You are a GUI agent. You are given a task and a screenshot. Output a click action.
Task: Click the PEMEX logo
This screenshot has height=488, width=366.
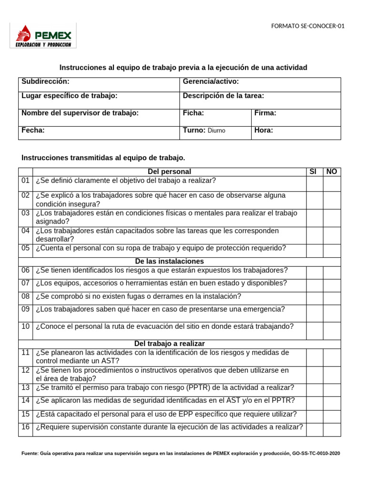point(43,36)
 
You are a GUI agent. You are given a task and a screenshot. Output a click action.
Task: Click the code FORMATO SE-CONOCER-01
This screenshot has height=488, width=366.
point(307,26)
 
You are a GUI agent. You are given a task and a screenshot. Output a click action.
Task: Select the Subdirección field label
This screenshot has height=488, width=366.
point(45,81)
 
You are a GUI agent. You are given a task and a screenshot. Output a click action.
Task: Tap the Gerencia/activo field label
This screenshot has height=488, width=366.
point(211,81)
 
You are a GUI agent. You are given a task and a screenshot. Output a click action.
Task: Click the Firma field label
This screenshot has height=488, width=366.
point(265,113)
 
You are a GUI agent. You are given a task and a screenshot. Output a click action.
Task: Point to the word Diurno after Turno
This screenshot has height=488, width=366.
point(216,131)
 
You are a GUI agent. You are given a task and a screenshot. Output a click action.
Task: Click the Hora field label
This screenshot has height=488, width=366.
point(264,130)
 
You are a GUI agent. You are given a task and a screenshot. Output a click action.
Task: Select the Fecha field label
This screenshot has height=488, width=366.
point(33,130)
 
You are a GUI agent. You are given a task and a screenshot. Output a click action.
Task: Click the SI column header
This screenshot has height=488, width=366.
point(313,172)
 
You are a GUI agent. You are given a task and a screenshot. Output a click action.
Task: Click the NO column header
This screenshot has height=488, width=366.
point(332,172)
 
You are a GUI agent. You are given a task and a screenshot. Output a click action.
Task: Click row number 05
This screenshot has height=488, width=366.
point(25,248)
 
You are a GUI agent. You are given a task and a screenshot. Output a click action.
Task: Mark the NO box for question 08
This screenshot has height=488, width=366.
point(332,298)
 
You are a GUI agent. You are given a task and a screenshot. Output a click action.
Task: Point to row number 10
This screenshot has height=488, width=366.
point(25,326)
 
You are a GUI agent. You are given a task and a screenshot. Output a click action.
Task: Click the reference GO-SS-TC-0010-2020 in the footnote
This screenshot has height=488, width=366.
point(316,454)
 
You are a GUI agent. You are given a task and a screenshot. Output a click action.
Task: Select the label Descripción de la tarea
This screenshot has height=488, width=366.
point(223,96)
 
